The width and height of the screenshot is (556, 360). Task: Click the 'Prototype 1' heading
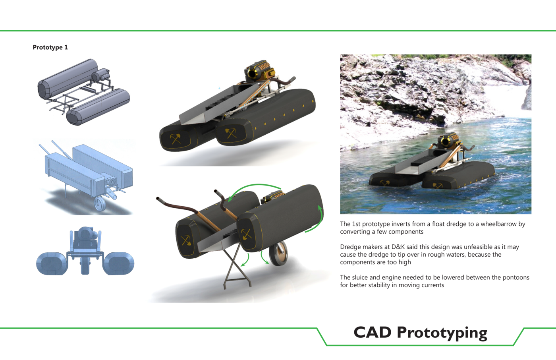pyautogui.click(x=50, y=47)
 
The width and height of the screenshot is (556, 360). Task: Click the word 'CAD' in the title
pyautogui.click(x=373, y=333)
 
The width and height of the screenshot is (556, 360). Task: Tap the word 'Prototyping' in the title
pyautogui.click(x=442, y=333)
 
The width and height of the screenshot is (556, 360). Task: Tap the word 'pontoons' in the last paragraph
pyautogui.click(x=516, y=278)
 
